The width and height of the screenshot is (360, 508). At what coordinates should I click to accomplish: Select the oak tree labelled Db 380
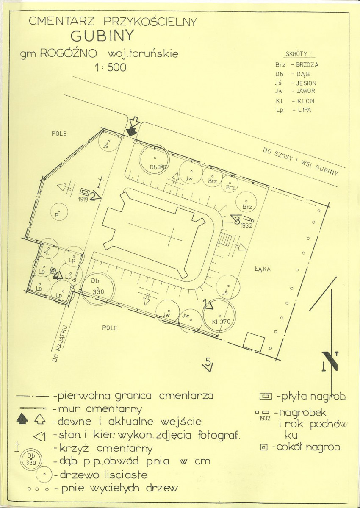click(155, 158)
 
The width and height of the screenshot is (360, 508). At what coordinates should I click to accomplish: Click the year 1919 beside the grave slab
click(83, 200)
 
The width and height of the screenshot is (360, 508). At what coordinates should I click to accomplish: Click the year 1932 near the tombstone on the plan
click(246, 226)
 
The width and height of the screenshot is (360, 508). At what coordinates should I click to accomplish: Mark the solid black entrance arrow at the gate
click(131, 131)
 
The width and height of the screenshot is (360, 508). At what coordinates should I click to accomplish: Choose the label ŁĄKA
click(262, 269)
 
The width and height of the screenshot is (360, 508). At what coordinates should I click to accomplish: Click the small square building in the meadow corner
click(254, 342)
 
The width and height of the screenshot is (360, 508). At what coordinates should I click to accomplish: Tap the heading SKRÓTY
click(296, 54)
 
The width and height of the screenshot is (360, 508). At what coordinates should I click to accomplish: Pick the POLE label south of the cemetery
click(109, 328)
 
